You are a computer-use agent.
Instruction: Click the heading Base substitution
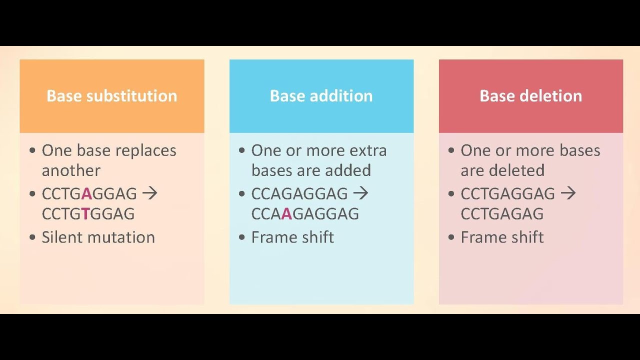coord(111,96)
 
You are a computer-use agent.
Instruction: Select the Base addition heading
coord(321,96)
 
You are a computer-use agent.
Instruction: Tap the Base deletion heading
coord(530,96)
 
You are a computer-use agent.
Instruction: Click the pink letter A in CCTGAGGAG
coord(86,193)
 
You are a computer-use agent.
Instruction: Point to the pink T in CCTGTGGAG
coord(85,214)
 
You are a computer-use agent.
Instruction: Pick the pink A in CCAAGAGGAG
coord(286,214)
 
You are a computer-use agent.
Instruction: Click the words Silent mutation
coord(98,237)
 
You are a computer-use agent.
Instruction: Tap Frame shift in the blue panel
coord(292,237)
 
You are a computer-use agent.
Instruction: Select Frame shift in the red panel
coord(502,237)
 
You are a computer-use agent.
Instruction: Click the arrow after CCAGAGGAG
coord(360,193)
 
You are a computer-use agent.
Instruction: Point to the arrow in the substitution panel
coord(149,193)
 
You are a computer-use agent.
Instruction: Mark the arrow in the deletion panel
coord(568,193)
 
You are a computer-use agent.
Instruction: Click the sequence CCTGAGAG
coord(502,214)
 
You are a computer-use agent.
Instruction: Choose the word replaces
coord(147,150)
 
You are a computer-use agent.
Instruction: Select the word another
coord(71,170)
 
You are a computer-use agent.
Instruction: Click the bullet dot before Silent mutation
coord(32,237)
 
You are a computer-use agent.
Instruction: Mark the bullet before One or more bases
coord(451,150)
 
